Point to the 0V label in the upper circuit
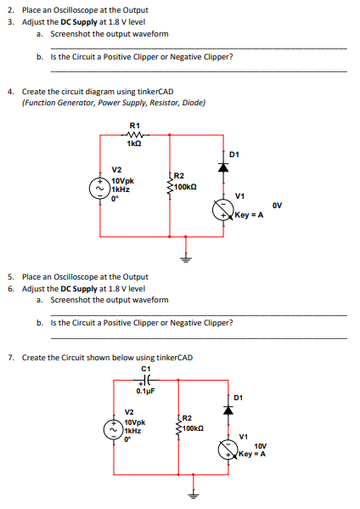pos(277,204)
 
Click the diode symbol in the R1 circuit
pos(224,168)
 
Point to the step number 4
pos(9,91)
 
